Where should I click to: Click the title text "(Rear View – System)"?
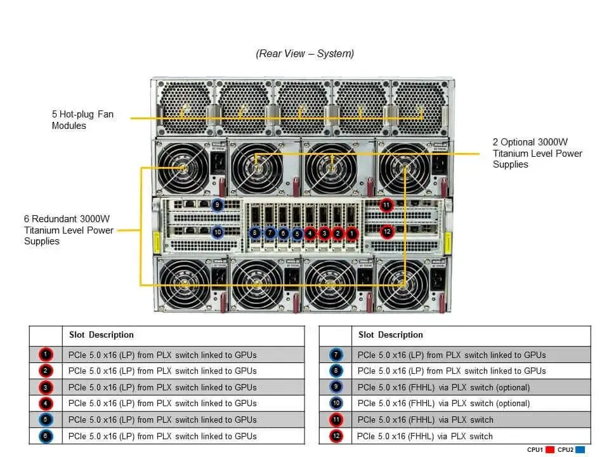(305, 53)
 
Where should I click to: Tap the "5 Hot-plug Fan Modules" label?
(82, 120)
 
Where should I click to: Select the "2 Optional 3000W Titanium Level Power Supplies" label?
(537, 153)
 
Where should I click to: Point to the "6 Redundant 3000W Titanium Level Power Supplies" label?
(69, 230)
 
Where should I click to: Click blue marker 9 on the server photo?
(218, 205)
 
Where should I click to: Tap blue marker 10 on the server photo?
(218, 232)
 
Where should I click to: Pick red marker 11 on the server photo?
(386, 205)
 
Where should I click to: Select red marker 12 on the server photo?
(387, 232)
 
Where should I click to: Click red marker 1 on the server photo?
(352, 234)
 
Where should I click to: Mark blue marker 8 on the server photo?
(255, 233)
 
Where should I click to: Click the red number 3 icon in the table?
(46, 387)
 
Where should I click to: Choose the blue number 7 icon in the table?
(336, 355)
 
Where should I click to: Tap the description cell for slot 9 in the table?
(471, 387)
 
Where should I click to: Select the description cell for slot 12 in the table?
(471, 436)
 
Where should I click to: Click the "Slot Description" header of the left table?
(101, 335)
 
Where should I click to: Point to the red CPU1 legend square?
(549, 449)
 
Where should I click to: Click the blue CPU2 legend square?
(580, 449)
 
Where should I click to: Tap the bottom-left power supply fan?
(185, 284)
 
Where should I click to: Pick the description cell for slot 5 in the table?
(183, 420)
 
